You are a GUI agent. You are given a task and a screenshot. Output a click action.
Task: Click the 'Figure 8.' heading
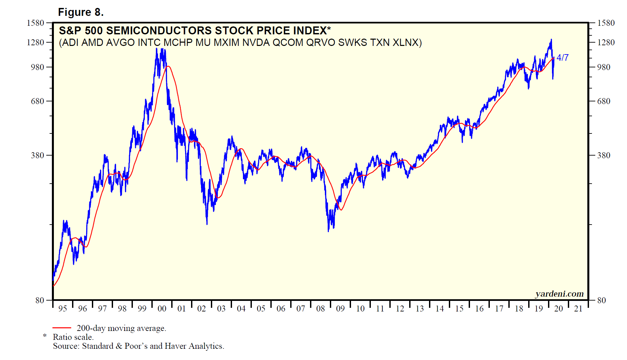point(81,12)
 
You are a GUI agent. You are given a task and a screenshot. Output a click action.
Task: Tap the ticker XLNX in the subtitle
point(407,43)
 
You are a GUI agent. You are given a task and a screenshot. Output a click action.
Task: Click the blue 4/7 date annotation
point(562,57)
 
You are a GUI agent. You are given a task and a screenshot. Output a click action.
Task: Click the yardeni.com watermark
point(559,294)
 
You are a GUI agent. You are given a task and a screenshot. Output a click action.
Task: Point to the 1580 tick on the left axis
point(35,23)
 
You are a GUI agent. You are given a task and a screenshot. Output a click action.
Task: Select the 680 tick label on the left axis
point(37,101)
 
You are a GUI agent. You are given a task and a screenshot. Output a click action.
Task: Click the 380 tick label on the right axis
point(604,155)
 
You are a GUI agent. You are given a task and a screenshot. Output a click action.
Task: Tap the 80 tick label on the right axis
point(602,300)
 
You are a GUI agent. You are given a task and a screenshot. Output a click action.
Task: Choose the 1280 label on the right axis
point(606,42)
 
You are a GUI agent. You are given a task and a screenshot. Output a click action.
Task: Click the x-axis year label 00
point(162,308)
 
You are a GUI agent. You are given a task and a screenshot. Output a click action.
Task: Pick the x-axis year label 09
point(340,308)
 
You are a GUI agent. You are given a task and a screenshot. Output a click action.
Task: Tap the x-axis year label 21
point(578,308)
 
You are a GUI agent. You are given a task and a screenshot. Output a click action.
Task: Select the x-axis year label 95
point(62,308)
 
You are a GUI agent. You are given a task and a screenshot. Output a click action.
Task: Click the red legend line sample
point(62,328)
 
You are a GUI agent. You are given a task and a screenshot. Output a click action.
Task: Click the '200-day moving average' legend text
point(121,328)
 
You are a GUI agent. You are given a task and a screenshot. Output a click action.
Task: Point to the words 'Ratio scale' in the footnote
point(73,337)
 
